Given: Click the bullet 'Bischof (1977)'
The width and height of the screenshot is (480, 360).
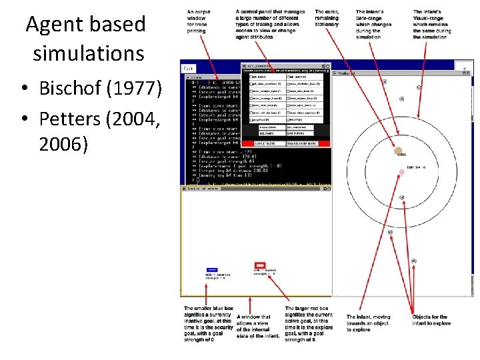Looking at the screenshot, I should click(99, 88).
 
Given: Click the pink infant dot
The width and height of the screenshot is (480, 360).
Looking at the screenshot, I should click(401, 173).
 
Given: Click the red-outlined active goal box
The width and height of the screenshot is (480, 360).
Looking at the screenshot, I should click(261, 265).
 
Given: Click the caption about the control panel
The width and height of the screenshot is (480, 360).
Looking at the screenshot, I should click(270, 25).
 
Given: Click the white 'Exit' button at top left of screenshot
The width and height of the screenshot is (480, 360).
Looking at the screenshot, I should click(189, 69).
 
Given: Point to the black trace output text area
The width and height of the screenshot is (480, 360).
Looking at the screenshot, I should click(213, 133).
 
